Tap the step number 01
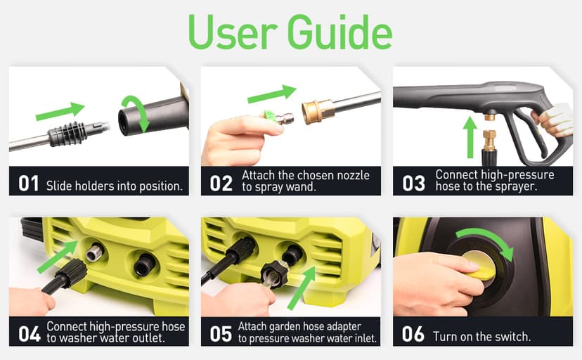pyautogui.click(x=28, y=184)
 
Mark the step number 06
pyautogui.click(x=413, y=333)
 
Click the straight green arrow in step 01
pyautogui.click(x=60, y=110)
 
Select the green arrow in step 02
pyautogui.click(x=272, y=94)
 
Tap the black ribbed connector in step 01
pyautogui.click(x=67, y=131)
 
